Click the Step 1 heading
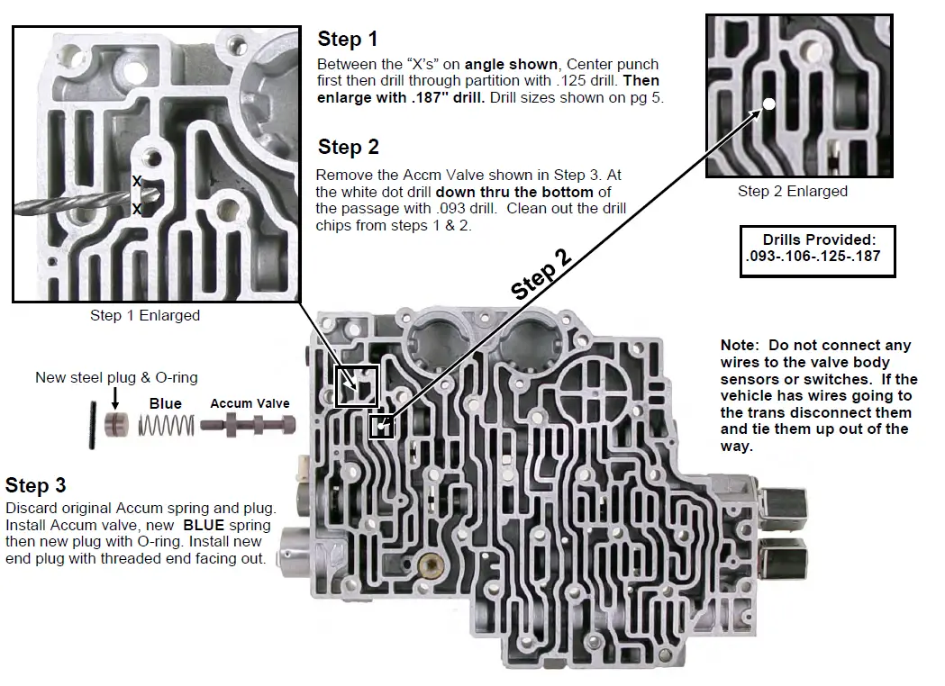tap(348, 39)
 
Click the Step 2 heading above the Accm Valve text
tap(348, 147)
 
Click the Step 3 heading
tap(36, 485)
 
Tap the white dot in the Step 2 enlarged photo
tap(769, 104)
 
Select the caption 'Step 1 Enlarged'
tap(144, 315)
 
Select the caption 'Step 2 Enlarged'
tap(792, 191)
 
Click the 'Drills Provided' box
tap(817, 251)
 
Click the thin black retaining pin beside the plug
tap(93, 425)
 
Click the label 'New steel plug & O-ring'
tap(116, 377)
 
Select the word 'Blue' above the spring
tap(165, 404)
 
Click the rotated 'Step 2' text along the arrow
tap(541, 275)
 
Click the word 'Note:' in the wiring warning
tap(741, 346)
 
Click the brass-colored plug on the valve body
tap(437, 567)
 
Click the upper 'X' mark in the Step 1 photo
tap(137, 181)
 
